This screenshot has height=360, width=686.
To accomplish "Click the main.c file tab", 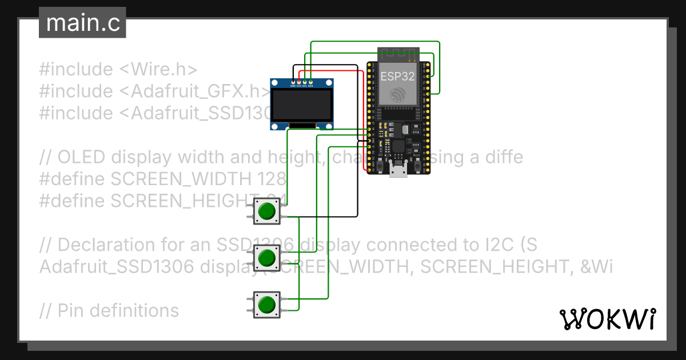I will point(82,23).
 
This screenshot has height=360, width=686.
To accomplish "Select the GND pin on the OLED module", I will point(293,83).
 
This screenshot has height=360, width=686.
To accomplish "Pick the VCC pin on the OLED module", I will point(298,83).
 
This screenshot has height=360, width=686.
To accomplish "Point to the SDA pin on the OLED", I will point(310,83).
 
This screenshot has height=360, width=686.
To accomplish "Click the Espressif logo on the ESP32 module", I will point(398,94).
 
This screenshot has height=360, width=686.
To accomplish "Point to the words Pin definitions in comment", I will point(118,311).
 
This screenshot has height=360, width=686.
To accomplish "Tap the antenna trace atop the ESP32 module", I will point(398,55).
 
